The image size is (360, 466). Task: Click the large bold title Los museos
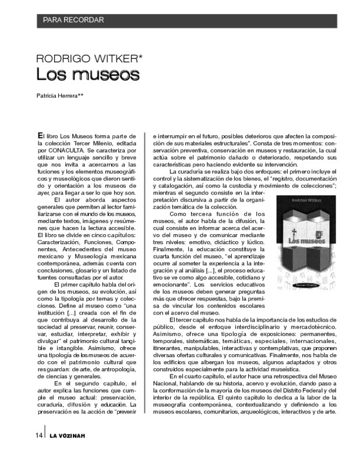87,75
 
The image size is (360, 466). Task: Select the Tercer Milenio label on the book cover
301,270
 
